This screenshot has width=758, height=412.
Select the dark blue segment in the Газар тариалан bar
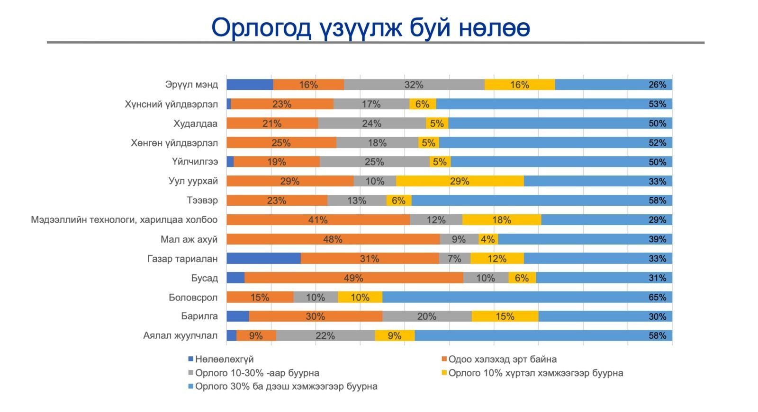point(263,258)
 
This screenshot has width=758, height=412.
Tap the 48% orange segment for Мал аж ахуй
point(333,239)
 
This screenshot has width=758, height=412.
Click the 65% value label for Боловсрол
point(657,297)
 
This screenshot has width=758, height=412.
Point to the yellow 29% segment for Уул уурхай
point(460,181)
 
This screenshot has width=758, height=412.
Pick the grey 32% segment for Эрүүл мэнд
point(414,85)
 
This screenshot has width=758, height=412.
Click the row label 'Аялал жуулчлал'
point(180,336)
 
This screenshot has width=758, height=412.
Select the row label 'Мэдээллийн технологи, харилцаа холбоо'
point(124,220)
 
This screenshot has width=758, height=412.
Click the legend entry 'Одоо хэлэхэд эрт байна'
point(502,359)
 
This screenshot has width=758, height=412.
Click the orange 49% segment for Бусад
point(353,278)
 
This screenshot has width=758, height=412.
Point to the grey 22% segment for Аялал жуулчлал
point(325,336)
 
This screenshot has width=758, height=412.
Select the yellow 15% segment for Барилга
point(505,316)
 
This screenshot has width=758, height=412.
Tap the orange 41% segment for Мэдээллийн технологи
point(318,220)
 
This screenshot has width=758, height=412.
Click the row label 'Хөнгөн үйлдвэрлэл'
point(174,143)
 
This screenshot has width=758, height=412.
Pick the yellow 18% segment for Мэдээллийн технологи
point(501,220)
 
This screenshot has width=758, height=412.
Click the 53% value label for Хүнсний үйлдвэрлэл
point(657,104)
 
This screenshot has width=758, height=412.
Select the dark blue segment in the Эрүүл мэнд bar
point(250,85)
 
